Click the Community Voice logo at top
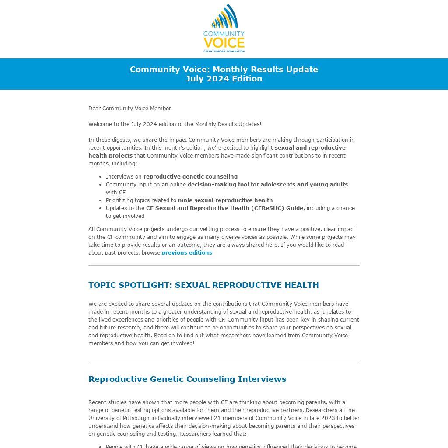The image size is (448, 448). coord(224,29)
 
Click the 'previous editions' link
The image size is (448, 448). coord(187,253)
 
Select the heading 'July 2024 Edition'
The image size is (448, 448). coord(224,79)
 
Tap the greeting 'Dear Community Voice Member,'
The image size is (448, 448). coord(130,108)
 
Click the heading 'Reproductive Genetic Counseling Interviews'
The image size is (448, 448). coord(187,379)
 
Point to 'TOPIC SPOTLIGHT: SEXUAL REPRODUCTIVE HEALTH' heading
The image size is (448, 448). coord(203,285)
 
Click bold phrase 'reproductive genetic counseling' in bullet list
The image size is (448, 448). coord(190,177)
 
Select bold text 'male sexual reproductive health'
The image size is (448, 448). coord(225,200)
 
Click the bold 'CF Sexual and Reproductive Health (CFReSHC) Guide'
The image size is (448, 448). coord(224,208)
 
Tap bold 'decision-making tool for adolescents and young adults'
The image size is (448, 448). coord(268,185)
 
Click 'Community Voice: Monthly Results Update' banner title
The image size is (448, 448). coord(224,70)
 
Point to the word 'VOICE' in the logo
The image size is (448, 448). coord(224,43)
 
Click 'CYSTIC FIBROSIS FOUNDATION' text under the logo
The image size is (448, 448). coord(224,51)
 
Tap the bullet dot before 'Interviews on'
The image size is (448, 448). coord(101,177)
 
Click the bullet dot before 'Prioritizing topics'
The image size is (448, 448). coord(101,201)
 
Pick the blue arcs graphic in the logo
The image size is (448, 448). coord(225,17)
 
